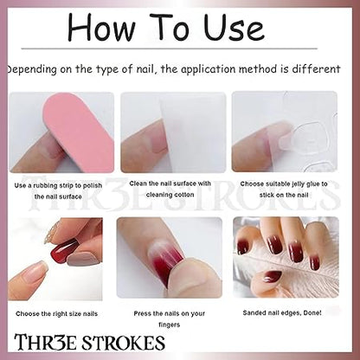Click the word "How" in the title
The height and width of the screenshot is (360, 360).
coord(101,27)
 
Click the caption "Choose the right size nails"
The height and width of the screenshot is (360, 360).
coord(57,313)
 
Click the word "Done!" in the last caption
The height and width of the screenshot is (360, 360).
coord(312,312)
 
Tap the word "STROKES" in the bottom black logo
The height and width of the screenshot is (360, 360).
coord(123,343)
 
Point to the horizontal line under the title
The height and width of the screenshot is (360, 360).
coord(170,48)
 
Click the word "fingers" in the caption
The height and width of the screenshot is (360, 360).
coord(170,325)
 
